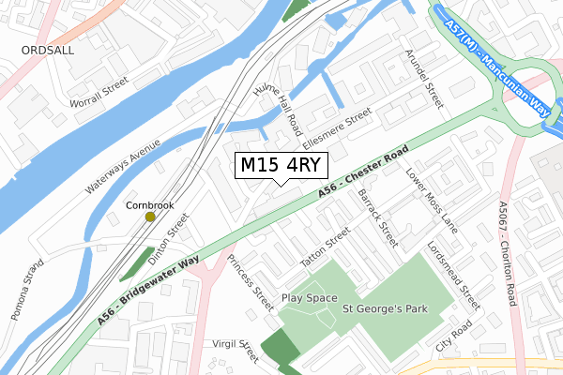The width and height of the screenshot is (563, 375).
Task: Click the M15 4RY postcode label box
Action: coord(281,165)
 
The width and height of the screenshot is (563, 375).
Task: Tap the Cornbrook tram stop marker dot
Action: coord(150,217)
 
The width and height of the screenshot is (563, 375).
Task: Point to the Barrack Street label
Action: coord(379,217)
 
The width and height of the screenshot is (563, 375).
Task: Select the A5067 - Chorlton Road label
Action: coord(508,254)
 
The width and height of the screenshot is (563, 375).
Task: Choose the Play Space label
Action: coord(309,298)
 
